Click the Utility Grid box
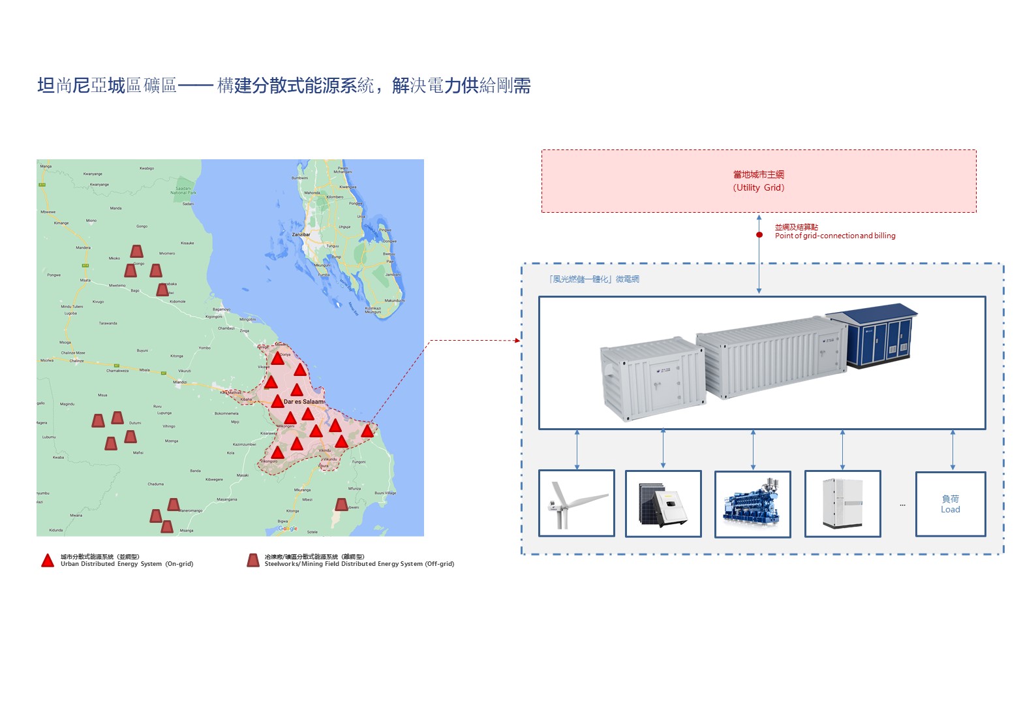coord(759,181)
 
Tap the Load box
coord(950,504)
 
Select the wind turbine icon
coord(577,503)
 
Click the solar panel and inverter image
coord(663,504)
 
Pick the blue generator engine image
coord(753,504)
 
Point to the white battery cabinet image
coord(842,503)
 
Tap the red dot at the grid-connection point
coord(759,235)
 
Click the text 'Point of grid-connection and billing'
coord(834,236)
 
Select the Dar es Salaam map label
coord(303,401)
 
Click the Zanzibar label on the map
coord(301,234)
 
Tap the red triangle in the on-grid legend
coord(48,561)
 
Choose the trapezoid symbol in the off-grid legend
coord(253,561)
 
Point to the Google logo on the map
coord(288,529)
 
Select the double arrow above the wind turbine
coord(577,450)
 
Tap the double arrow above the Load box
coord(952,450)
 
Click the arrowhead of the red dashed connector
coord(517,340)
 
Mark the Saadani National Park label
coord(183,191)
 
